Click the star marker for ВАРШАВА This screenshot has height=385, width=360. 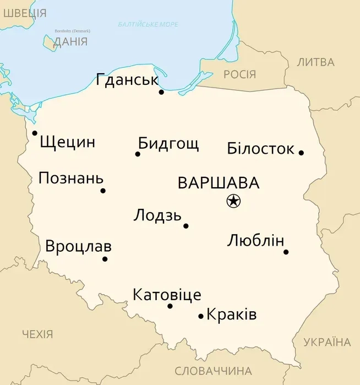tap(233, 202)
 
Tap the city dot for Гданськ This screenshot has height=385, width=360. tap(161, 92)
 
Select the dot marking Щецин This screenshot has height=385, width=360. tap(35, 133)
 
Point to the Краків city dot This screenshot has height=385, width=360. tap(201, 316)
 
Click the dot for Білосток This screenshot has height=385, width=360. tap(301, 153)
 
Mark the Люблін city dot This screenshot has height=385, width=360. tap(286, 252)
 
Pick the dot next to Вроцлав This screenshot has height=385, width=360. tap(105, 259)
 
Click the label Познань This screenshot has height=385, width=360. tap(70, 178)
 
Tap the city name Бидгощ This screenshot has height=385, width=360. tap(168, 144)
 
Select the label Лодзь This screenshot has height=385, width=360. tap(157, 215)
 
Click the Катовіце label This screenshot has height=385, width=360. tap(167, 295)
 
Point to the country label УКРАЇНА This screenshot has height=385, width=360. tap(327, 342)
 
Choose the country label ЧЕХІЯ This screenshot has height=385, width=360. tap(37, 334)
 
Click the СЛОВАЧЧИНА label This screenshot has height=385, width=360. tap(213, 371)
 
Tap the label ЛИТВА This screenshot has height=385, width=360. tap(315, 62)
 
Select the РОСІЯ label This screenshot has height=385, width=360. tap(239, 74)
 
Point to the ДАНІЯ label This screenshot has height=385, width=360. tap(70, 42)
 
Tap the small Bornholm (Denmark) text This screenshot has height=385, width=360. tap(72, 31)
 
